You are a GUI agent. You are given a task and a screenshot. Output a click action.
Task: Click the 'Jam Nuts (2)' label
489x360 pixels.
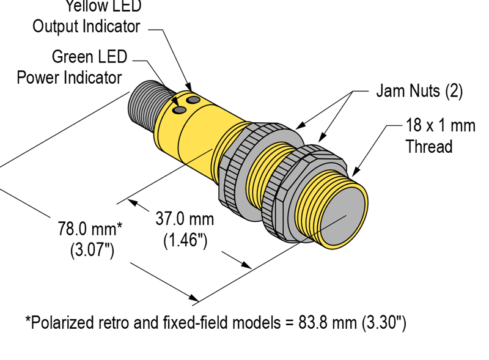pos(419,91)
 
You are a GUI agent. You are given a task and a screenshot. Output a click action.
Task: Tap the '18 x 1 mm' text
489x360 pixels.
pos(440,126)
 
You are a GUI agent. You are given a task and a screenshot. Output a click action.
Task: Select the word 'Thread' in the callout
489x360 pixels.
pos(429,147)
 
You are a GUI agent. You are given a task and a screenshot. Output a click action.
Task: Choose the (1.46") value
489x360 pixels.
pos(185,240)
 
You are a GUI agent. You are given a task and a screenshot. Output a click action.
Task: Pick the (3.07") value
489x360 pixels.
pos(92,250)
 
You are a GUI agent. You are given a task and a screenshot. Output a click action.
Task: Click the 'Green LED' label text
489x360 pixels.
pos(89,57)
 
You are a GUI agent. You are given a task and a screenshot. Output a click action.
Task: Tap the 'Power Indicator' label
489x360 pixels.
pos(69,78)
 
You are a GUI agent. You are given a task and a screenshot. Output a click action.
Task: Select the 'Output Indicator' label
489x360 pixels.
pos(86,26)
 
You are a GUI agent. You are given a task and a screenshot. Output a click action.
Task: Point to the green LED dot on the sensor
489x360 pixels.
pos(180,110)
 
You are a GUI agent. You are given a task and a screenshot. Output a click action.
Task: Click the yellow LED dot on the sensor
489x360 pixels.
pos(194,99)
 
